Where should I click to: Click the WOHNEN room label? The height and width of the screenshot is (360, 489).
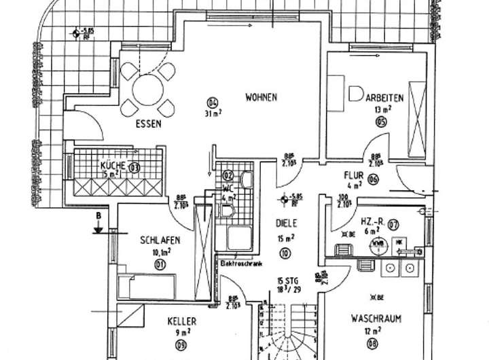(261, 97)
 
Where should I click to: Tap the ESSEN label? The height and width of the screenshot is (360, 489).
(147, 124)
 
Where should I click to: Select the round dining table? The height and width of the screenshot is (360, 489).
(147, 88)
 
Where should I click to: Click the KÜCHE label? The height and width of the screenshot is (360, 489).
(112, 166)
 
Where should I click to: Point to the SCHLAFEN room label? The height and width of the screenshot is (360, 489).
(160, 240)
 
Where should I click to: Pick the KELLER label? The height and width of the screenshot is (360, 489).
(182, 321)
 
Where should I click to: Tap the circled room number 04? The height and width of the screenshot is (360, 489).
(212, 103)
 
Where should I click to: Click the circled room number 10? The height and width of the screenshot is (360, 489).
(284, 253)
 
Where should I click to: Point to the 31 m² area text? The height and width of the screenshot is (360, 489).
(212, 114)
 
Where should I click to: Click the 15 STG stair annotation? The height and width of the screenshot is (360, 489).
(288, 281)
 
